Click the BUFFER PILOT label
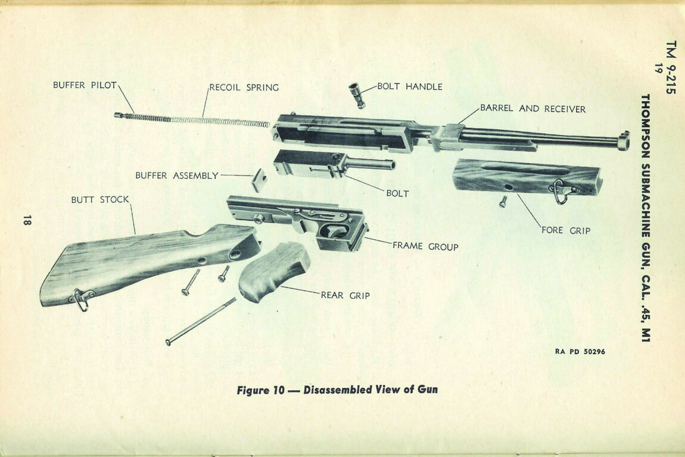pos(85,85)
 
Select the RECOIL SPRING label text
pos(244,87)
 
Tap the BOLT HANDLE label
pos(409,86)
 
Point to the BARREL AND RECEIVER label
pos(533,109)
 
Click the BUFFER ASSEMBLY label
pos(176,176)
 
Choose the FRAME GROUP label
pos(425,246)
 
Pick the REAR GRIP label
pos(345,295)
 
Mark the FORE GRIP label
pos(565,230)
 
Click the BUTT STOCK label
pos(100,199)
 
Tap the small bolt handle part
pos(357,95)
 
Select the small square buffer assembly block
pos(259,180)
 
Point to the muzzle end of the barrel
pos(623,140)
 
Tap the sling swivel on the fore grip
pos(562,192)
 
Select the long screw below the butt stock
pos(200,321)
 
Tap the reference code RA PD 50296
pos(580,352)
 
